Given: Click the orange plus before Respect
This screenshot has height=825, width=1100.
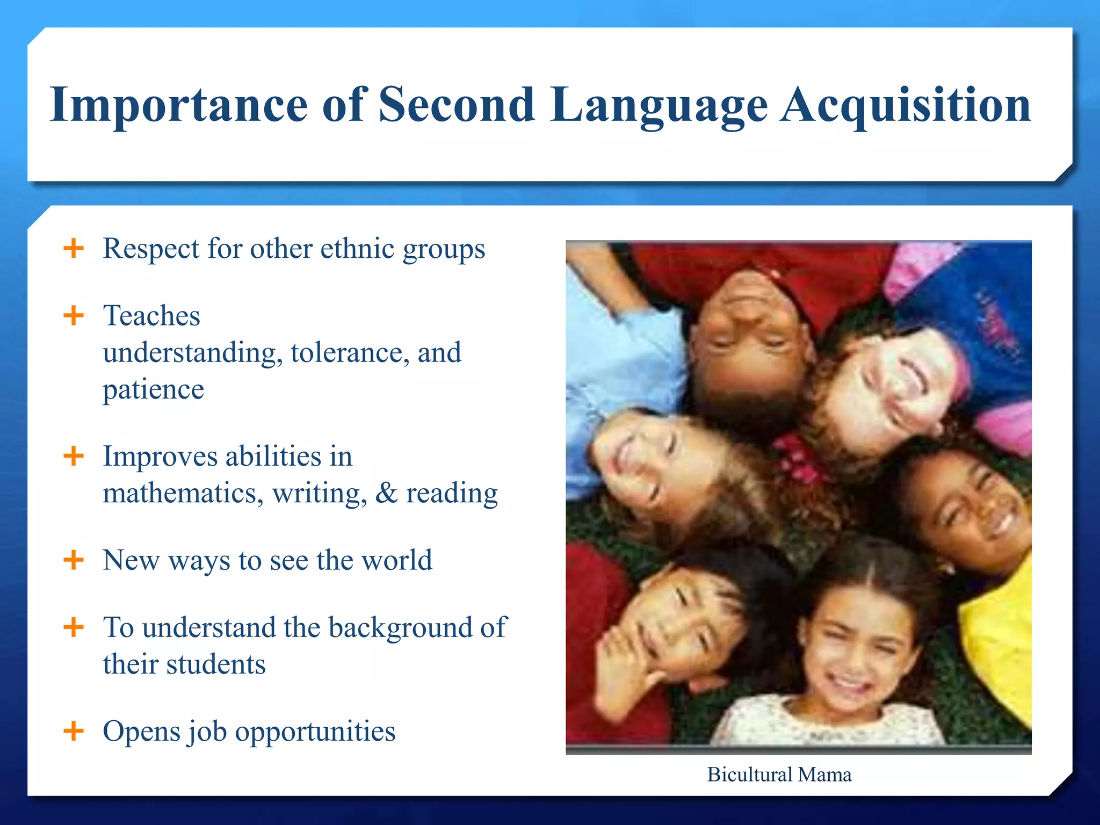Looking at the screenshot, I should (x=74, y=249).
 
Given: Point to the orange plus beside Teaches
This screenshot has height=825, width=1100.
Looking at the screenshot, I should (x=74, y=315).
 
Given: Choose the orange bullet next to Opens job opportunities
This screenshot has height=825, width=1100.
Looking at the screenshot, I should (x=74, y=730).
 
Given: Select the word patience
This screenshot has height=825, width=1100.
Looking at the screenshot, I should (x=154, y=389).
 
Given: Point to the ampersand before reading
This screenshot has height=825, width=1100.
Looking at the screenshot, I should (x=386, y=493).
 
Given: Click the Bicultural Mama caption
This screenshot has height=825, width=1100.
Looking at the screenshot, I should (x=779, y=775).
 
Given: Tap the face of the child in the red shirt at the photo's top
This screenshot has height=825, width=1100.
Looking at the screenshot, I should (x=749, y=322).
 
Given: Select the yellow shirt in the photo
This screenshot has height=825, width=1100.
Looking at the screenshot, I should (x=999, y=645).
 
